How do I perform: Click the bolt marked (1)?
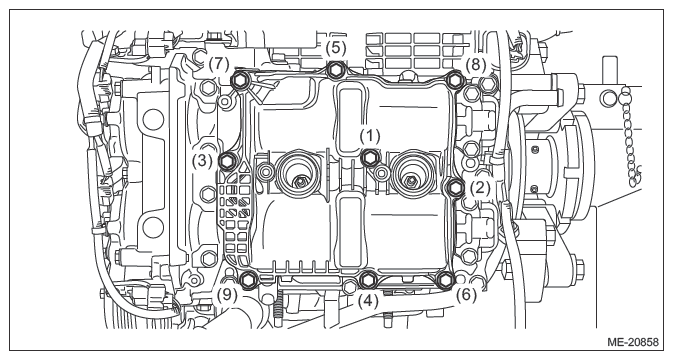(369, 158)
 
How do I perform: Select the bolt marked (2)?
(455, 187)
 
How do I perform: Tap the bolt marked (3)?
(227, 161)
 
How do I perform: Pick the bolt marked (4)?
(367, 280)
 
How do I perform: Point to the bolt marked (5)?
(335, 70)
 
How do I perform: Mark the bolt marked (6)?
(445, 279)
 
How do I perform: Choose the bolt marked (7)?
(239, 80)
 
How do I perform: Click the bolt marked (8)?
(455, 80)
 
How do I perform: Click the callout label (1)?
(370, 136)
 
